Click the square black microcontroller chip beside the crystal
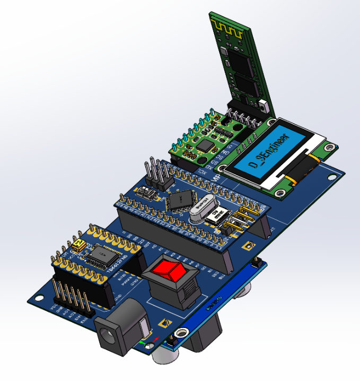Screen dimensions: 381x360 (181, 199)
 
